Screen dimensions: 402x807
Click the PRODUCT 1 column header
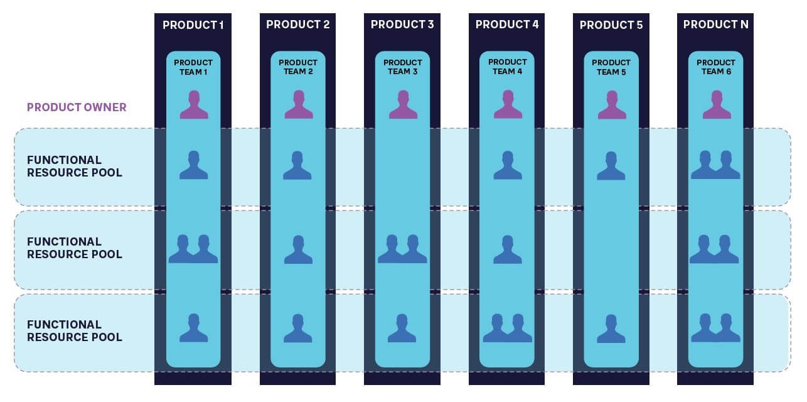193,25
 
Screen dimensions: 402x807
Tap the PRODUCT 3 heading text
402,25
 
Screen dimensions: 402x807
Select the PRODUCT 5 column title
611,25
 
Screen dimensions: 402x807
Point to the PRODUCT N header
715,25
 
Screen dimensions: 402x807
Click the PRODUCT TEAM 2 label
298,67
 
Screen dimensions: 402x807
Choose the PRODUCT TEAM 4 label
507,67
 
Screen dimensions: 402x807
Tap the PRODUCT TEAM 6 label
716,67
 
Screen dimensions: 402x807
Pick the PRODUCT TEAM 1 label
193,67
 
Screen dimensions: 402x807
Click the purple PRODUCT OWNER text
77,107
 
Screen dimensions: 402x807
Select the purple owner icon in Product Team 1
193,105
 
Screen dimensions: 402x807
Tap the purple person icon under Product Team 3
402,105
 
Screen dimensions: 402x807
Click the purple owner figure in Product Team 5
611,105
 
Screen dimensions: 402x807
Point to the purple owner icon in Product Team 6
716,105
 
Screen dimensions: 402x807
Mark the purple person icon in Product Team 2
298,105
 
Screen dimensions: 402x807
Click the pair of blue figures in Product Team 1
193,249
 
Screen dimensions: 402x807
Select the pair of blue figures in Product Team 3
402,249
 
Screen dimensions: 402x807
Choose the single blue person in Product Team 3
402,328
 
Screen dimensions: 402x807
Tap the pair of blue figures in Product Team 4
507,328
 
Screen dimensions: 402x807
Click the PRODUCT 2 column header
297,25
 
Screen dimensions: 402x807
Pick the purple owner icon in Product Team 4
507,105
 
